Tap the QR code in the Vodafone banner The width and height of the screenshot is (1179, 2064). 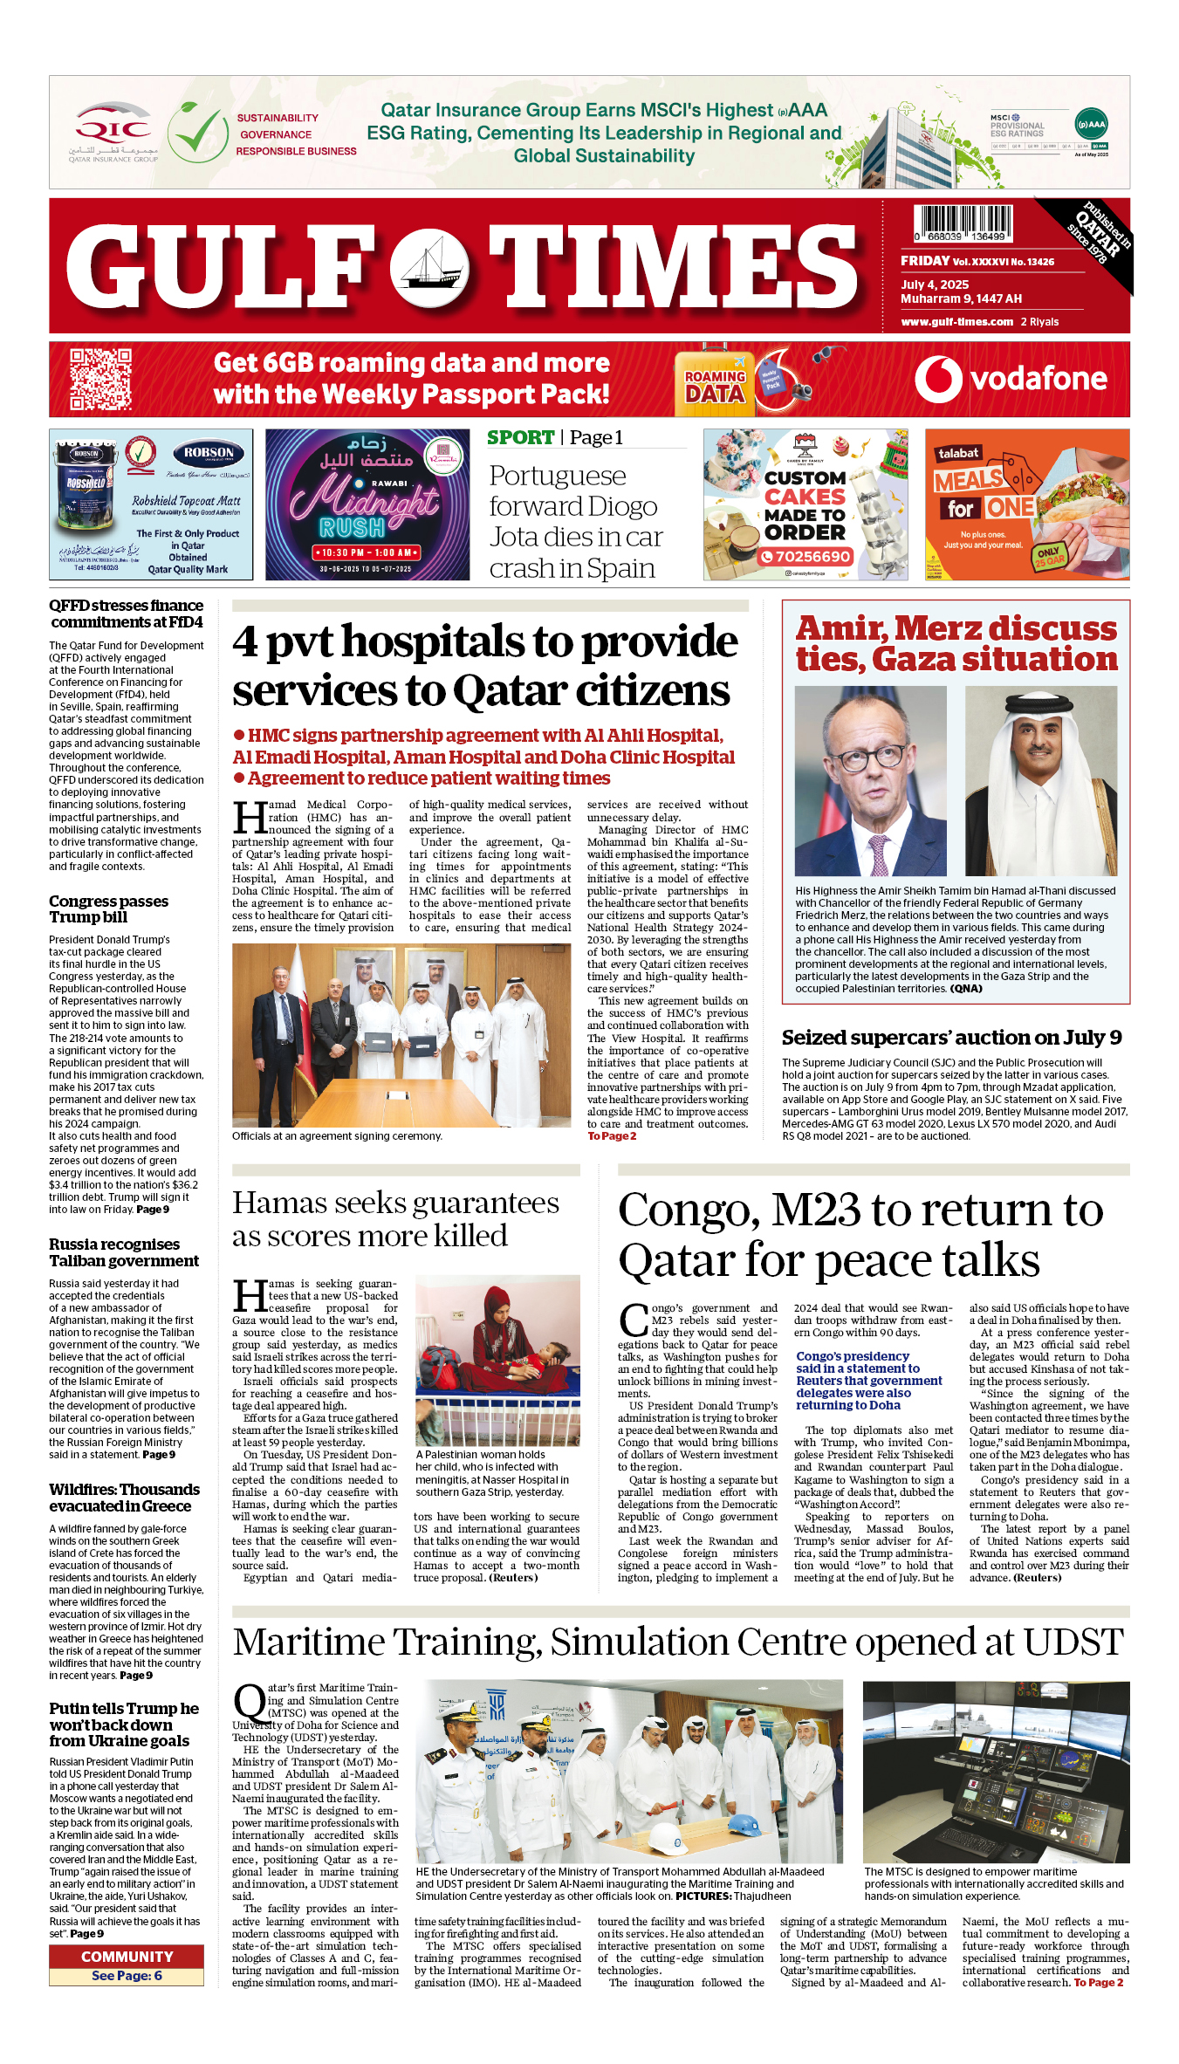coord(100,379)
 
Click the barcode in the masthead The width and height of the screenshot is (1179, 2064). coord(963,223)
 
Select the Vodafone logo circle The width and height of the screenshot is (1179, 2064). coord(938,380)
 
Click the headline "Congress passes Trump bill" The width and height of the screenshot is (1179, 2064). coord(108,909)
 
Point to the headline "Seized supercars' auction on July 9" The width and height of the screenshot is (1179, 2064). coord(951,1038)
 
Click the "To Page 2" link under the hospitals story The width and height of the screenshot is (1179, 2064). coord(612,1136)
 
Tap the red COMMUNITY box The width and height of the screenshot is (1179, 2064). coord(127,1957)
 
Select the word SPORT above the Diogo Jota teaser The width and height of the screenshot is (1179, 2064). coord(520,437)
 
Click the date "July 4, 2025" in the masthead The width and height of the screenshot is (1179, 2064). coord(935,285)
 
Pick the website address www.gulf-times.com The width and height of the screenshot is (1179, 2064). coord(956,321)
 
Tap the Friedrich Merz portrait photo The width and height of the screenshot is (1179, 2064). coord(870,780)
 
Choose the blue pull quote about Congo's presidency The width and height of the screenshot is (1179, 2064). coord(869,1381)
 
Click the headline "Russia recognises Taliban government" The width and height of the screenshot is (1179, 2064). coord(124,1252)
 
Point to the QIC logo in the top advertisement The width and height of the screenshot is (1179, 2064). coord(113,133)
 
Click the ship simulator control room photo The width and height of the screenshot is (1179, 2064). coord(996,1773)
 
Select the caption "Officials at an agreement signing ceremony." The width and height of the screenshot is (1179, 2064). coord(337,1136)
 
